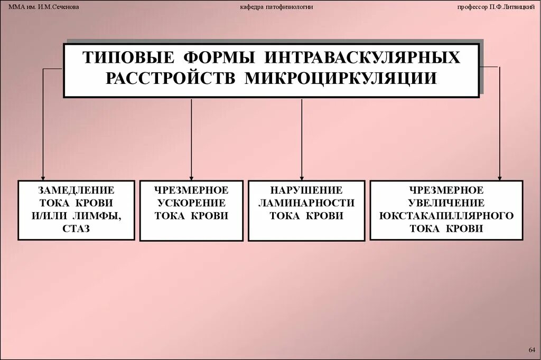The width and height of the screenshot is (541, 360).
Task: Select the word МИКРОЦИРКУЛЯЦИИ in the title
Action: pyautogui.click(x=341, y=78)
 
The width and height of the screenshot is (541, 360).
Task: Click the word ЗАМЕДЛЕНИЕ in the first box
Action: pyautogui.click(x=77, y=190)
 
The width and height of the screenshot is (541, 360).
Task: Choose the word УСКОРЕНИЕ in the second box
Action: pyautogui.click(x=191, y=203)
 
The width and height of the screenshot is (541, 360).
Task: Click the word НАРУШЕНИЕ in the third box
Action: pyautogui.click(x=306, y=190)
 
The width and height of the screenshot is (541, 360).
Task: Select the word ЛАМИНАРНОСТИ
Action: pyautogui.click(x=306, y=203)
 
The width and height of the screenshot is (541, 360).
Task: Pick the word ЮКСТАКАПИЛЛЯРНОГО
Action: pyautogui.click(x=446, y=216)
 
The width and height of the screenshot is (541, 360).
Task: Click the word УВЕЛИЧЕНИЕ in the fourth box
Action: pyautogui.click(x=446, y=203)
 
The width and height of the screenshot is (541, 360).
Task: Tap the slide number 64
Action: pyautogui.click(x=532, y=350)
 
